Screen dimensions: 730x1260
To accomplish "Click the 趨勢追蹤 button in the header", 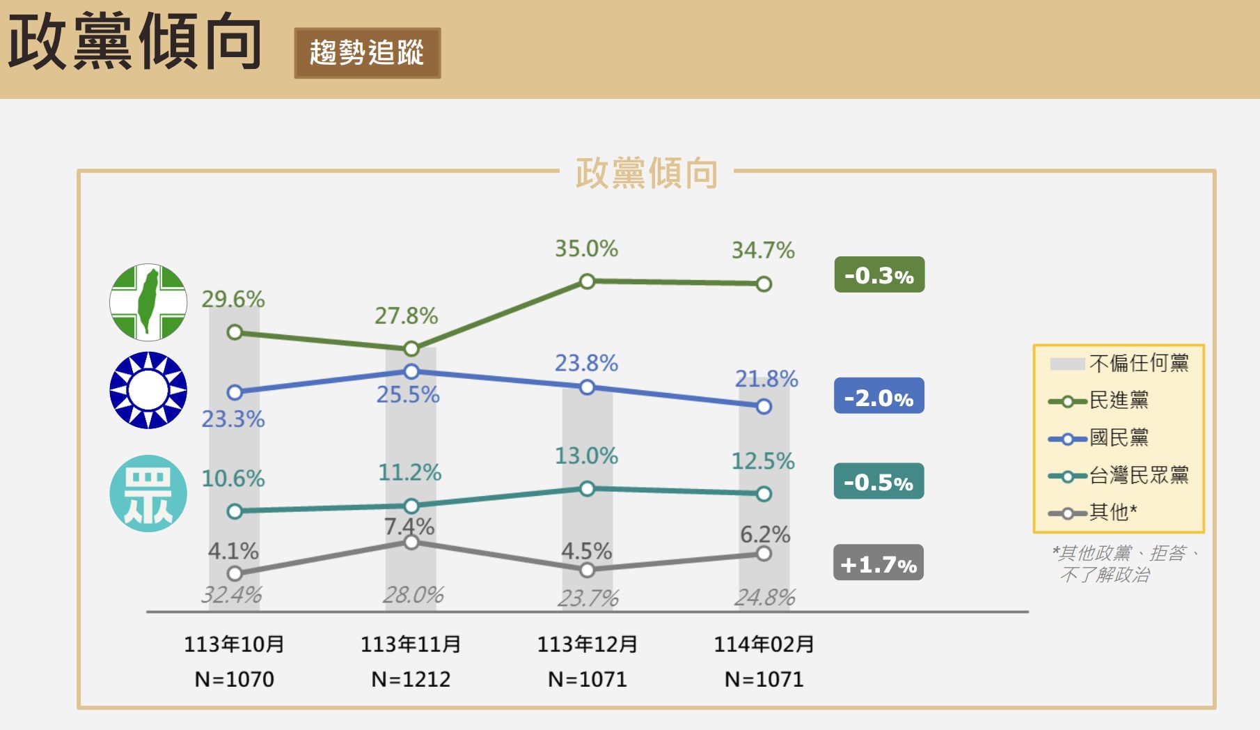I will tap(367, 53).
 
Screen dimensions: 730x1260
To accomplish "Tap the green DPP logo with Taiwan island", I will tap(148, 302).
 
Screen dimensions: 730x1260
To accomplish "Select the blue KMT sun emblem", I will tap(148, 390).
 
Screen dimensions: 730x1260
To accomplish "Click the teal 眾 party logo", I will tap(148, 494).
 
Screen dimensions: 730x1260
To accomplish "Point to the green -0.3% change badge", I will tap(879, 275).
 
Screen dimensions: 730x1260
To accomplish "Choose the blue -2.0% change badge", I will tap(879, 396).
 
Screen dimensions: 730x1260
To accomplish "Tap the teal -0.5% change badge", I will tap(879, 481).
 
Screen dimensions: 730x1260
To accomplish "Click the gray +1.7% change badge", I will tap(879, 563).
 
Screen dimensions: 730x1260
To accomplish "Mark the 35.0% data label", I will tap(586, 249).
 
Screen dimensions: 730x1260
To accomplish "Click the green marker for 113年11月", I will tap(411, 348).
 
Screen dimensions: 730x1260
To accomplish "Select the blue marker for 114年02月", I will tap(764, 406).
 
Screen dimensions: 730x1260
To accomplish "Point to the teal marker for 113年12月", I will tap(587, 488).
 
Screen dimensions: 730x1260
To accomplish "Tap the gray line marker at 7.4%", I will tap(411, 542).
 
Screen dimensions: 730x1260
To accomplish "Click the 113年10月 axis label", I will tap(234, 644).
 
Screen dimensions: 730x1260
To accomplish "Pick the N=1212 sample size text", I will tap(411, 679).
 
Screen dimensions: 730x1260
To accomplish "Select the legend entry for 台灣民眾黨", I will tap(1118, 476).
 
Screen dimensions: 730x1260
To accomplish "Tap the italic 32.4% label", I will tap(231, 595).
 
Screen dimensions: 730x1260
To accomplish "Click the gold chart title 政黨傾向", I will tap(646, 173).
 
